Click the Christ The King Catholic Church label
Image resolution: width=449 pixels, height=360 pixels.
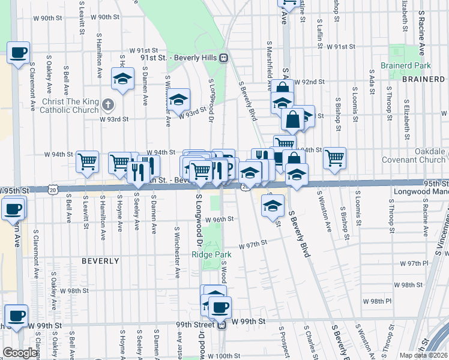[x=70, y=106]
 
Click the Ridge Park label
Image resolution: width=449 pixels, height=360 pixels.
[x=211, y=254]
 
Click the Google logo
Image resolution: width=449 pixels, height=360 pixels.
[x=20, y=353]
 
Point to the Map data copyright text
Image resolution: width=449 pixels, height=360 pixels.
[x=424, y=355]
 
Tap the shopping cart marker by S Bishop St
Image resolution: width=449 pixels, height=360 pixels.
[x=334, y=158]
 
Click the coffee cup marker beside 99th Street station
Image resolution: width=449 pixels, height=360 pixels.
[x=220, y=307]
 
